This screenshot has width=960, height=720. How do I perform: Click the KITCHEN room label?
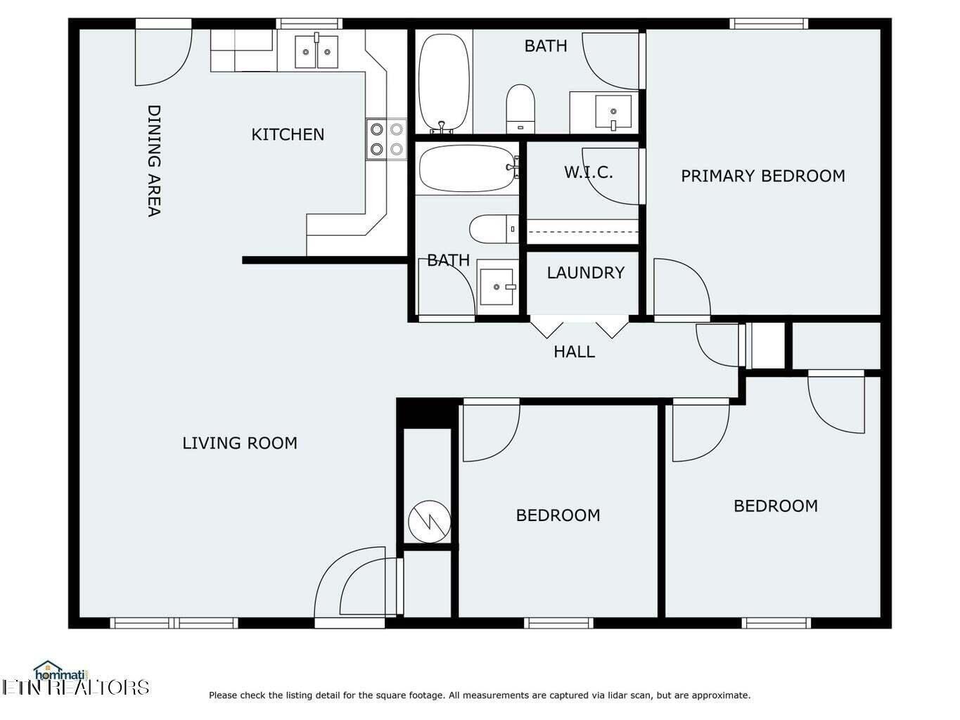tap(288, 134)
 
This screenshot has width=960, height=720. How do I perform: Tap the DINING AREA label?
tap(153, 160)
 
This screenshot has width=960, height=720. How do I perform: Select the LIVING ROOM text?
tap(240, 443)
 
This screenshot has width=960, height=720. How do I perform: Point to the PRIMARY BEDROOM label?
tap(763, 176)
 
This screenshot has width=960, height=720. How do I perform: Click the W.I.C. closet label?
tap(588, 172)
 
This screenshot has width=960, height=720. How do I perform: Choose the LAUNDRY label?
tap(586, 273)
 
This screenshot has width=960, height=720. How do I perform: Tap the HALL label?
tap(575, 352)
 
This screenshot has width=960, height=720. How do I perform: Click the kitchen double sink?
tap(316, 51)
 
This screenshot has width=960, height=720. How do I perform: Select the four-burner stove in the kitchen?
tap(387, 139)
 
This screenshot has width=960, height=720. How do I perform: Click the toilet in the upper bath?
tap(520, 109)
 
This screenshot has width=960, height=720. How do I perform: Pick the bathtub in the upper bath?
tap(444, 83)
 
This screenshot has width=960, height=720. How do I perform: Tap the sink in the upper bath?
tap(613, 112)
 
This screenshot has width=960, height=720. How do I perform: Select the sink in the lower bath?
tap(497, 287)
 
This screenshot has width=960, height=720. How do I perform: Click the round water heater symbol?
tap(430, 522)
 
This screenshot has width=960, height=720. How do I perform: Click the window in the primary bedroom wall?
tap(769, 24)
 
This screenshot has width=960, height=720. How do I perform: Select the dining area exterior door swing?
tap(163, 57)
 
